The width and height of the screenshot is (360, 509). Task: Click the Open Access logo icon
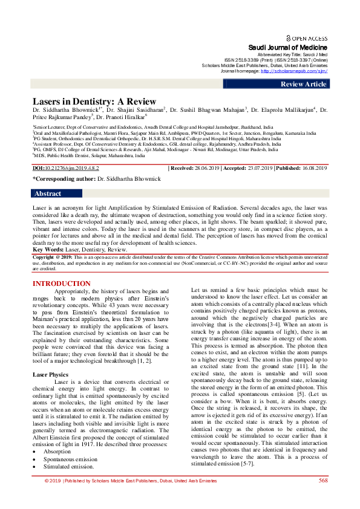coord(289,37)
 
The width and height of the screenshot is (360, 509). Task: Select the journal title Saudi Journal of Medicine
coord(288,47)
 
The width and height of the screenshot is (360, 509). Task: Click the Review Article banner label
coord(303,84)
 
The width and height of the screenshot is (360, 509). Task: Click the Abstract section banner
coord(48,193)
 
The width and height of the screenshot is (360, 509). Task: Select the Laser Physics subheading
coord(51,375)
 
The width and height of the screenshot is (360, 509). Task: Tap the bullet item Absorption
coord(57,451)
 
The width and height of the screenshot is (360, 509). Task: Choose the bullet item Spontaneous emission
coord(70,459)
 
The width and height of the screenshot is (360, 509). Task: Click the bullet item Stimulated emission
coord(67,467)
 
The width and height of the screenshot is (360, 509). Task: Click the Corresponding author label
coord(64,180)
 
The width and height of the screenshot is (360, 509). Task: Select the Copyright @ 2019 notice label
coord(55,256)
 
